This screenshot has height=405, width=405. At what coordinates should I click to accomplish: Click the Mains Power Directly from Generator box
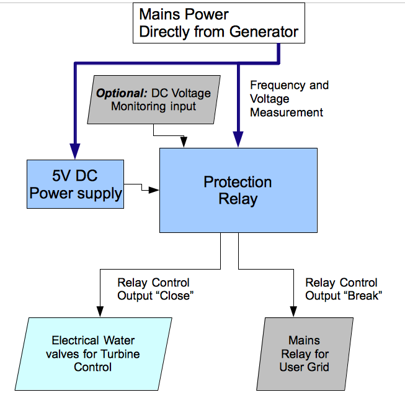point(218,23)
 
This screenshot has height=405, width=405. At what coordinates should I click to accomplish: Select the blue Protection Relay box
point(238,190)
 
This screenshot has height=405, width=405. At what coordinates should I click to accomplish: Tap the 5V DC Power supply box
point(76,184)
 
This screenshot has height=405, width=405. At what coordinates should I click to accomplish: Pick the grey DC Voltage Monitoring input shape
point(154,99)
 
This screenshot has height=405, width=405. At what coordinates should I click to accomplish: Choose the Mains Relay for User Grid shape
point(304,353)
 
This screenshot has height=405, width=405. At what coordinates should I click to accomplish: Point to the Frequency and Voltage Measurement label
point(288,99)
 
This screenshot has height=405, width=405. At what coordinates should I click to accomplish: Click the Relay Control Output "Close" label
point(154,289)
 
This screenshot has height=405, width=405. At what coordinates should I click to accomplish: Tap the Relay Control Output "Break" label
point(342,289)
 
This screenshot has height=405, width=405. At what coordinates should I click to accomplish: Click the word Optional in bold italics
point(121,93)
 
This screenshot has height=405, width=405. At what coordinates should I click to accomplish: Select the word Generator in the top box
point(261,32)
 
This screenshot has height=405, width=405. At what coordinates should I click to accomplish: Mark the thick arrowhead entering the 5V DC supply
point(75,151)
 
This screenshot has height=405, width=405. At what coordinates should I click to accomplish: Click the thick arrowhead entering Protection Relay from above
point(238,140)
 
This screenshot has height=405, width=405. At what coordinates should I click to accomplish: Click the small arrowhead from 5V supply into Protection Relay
point(155,190)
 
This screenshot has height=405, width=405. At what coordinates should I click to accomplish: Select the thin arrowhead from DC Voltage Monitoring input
point(184,144)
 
